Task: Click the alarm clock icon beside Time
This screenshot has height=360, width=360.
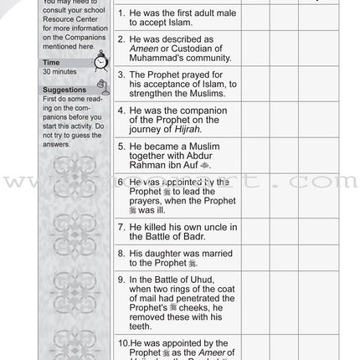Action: pos(101,63)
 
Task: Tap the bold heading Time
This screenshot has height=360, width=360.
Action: pos(51,63)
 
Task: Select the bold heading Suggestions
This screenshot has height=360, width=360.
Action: pos(64,90)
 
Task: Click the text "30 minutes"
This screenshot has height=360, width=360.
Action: pos(59,72)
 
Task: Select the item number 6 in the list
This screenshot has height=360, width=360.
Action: pos(121,182)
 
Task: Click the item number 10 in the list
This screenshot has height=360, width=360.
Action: pos(122,343)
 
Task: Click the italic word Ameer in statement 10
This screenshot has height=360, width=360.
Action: pos(217,354)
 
